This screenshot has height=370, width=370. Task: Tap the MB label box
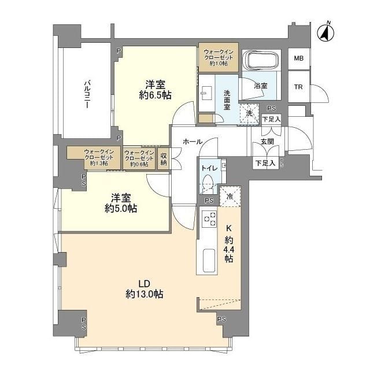[x=298, y=58]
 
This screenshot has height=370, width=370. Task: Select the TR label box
[x=298, y=88]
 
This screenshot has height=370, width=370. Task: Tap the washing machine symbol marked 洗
[x=250, y=113]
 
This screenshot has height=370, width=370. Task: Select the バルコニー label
[x=86, y=93]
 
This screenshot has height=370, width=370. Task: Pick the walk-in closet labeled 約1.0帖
[x=218, y=57]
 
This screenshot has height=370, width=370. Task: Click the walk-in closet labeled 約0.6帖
[x=139, y=158]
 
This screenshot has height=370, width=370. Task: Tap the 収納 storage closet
[x=164, y=158]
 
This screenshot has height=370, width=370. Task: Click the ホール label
[x=192, y=141]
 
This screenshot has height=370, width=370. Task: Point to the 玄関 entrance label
[x=267, y=141]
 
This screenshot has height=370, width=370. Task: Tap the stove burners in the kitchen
[x=209, y=220]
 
